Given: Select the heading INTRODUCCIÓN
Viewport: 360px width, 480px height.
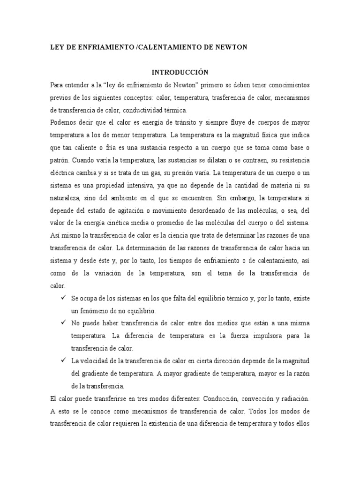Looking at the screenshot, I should pos(180,72).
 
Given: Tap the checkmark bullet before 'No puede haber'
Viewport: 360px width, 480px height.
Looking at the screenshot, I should pos(63,323).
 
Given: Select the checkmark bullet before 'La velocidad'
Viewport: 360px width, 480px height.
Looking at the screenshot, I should pos(63,360).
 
